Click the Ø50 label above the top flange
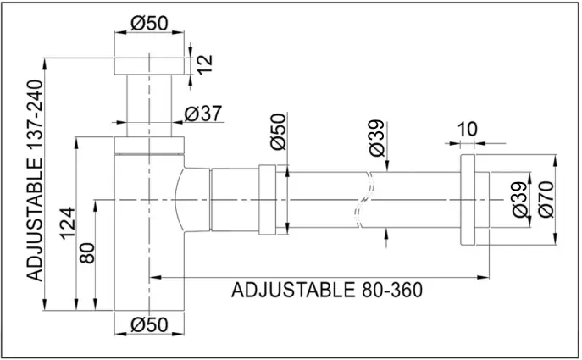coord(149,23)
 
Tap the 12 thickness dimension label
coord(204,64)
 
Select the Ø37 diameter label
coord(203,114)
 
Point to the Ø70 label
coord(546,199)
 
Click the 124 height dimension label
coord(68,224)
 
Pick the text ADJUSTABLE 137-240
coord(36,180)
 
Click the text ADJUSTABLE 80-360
coord(327,290)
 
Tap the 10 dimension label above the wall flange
coord(467,129)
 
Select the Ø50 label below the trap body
coord(149,324)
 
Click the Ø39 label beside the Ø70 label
coord(519,199)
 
